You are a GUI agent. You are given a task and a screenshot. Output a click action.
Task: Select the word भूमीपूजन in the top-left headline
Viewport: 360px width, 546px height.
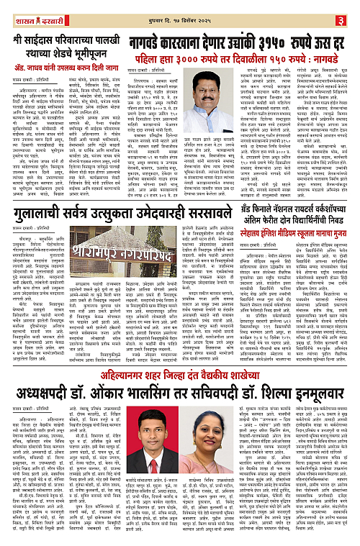87,52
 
